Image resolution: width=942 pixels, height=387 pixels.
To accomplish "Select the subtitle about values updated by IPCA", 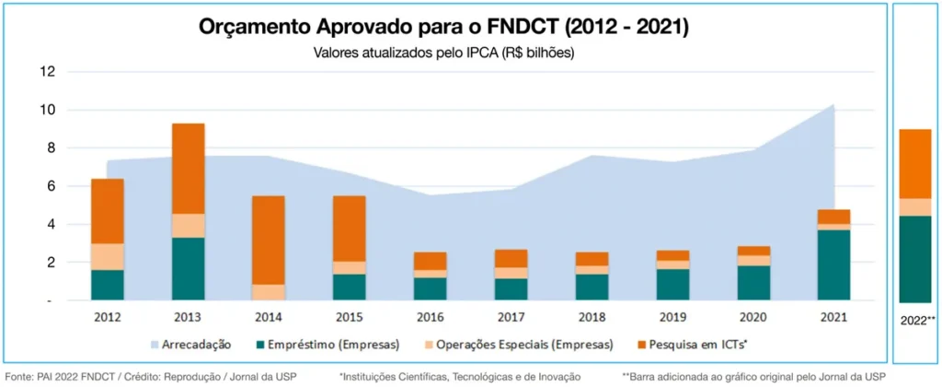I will point(444,53).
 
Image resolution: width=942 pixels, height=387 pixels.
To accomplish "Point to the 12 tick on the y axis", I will point(48,72).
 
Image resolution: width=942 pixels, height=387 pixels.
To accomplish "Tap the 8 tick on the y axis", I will point(50,148).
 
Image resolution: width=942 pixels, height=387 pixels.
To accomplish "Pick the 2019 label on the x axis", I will point(674,317).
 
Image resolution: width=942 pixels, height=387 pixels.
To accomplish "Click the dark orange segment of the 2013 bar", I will point(189,169).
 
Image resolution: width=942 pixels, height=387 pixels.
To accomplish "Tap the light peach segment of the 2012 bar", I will point(108,257).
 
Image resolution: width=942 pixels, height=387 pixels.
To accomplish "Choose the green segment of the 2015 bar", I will point(350,287).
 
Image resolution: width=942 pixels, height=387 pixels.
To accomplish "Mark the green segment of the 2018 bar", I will point(593,287).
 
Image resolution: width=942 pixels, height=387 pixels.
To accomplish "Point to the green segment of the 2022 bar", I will point(916,259).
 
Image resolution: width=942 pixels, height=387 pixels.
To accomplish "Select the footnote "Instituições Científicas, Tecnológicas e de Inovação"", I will point(459,376).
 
